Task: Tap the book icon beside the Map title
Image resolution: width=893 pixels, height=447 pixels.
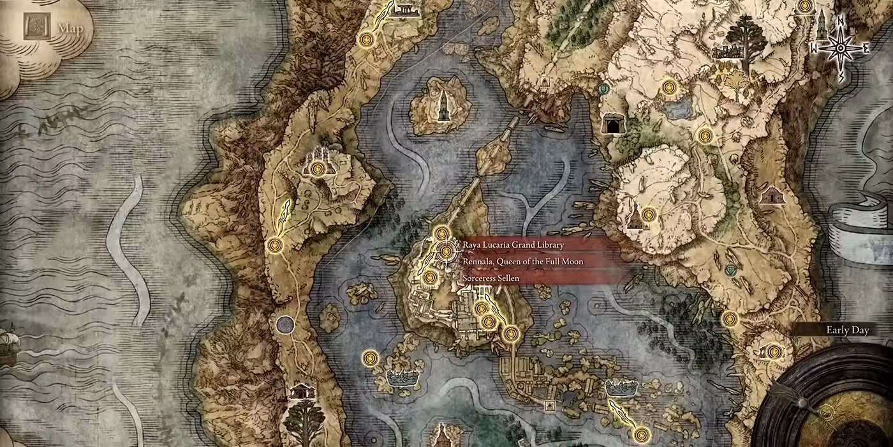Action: (36, 28)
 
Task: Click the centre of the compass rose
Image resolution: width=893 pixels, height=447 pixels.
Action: (841, 48)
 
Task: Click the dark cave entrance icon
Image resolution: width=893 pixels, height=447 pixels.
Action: (614, 125)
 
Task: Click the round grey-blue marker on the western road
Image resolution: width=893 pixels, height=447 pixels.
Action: (284, 324)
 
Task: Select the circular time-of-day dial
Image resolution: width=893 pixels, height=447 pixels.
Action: (836, 402)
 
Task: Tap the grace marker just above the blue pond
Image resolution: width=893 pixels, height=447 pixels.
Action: (668, 86)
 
